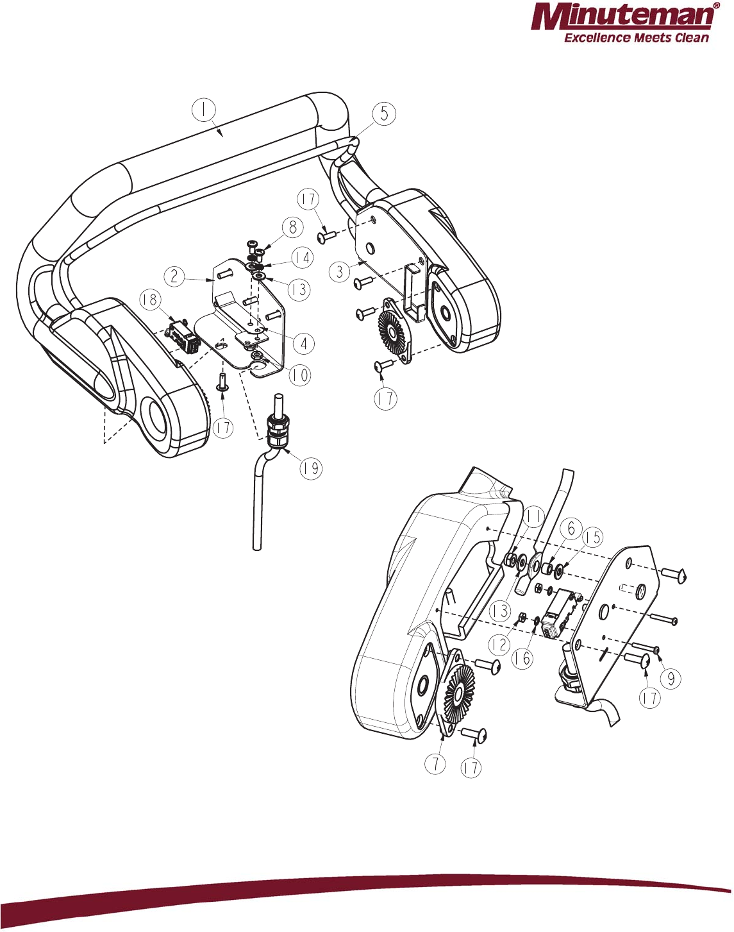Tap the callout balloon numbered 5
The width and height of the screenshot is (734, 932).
pos(384,114)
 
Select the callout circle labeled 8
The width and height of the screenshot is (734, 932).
pos(292,227)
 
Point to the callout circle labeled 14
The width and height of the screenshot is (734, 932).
pos(302,258)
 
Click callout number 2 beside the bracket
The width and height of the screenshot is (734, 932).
pos(174,277)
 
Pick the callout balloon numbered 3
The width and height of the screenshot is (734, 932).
pos(340,271)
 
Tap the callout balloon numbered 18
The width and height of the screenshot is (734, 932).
pos(149,300)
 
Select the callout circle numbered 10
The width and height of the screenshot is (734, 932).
pos(299,375)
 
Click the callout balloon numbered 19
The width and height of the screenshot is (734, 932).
pos(311,468)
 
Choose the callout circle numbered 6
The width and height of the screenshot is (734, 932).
pos(571,529)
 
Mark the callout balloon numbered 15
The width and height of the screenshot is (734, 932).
pos(593,538)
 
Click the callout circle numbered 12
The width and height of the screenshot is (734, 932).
pos(499,645)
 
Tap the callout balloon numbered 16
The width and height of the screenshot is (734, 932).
pos(523,659)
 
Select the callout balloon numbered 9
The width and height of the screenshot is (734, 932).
pos(671,679)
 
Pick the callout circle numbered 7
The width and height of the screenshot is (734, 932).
pos(435,763)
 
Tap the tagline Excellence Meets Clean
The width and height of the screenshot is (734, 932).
pos(636,38)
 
